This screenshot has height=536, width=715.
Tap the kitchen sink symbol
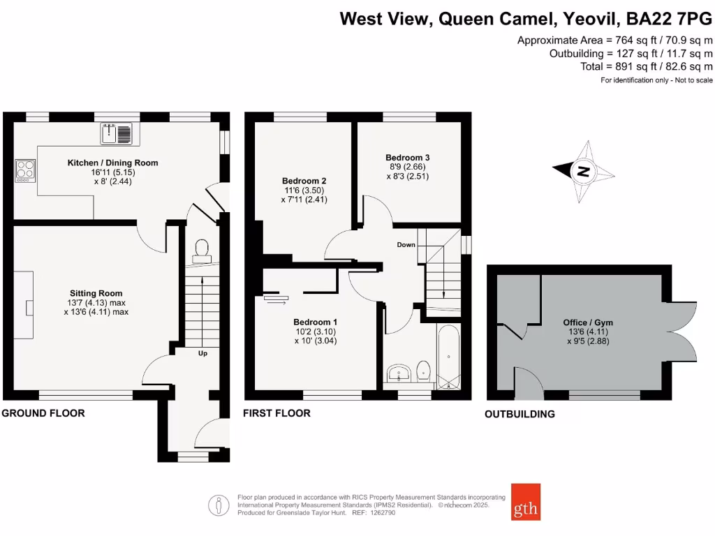click(x=116, y=133)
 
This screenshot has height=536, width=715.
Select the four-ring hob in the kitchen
click(x=26, y=170)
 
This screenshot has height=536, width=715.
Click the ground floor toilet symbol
click(x=202, y=250)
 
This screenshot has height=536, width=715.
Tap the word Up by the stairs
click(x=203, y=353)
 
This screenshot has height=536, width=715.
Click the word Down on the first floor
click(x=406, y=245)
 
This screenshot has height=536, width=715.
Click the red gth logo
click(x=525, y=502)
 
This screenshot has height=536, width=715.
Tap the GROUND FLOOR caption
click(x=43, y=413)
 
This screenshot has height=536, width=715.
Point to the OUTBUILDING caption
click(x=520, y=414)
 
